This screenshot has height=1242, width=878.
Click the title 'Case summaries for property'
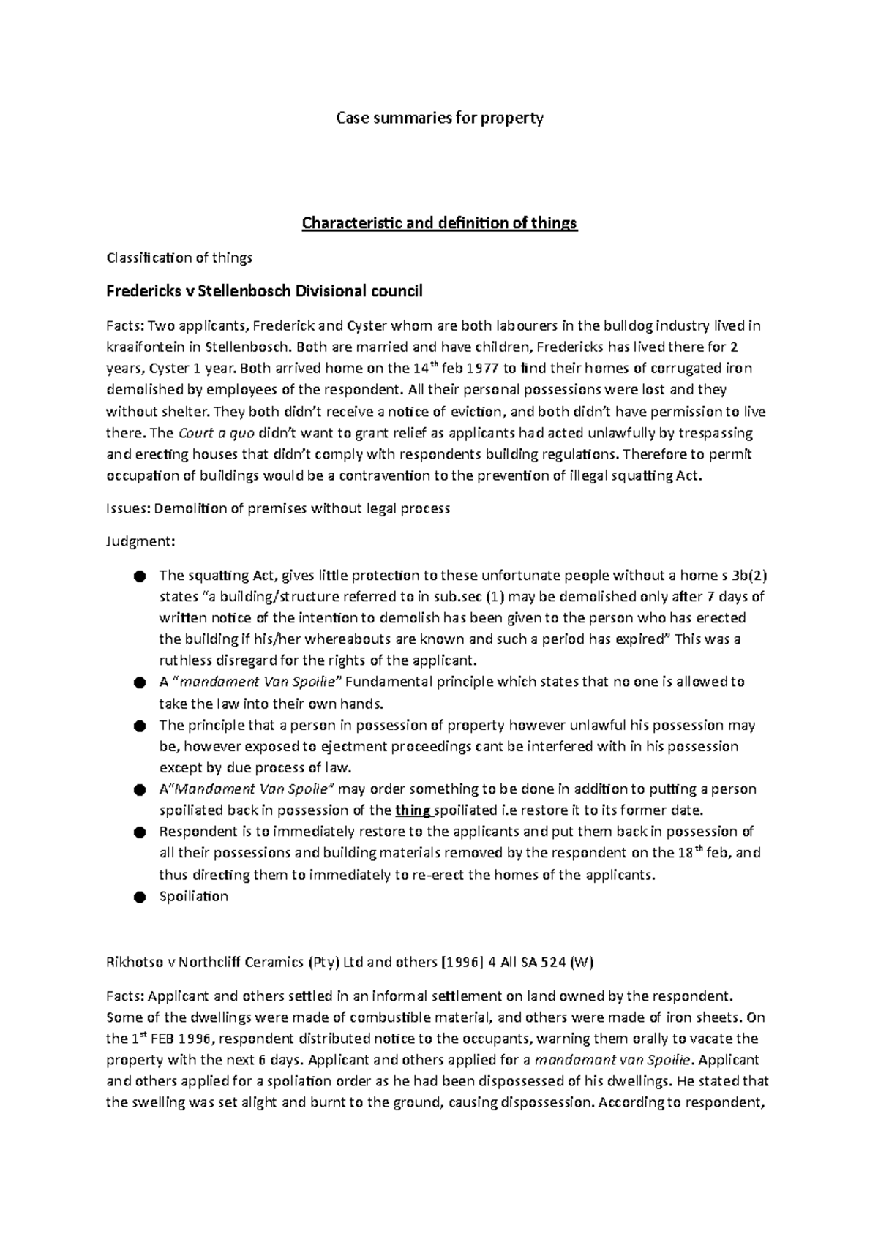pyautogui.click(x=439, y=118)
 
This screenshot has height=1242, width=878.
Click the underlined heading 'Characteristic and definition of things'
pyautogui.click(x=440, y=223)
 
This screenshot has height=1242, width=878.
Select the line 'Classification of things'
pyautogui.click(x=179, y=257)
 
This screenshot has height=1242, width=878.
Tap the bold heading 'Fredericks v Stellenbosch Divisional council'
pyautogui.click(x=264, y=292)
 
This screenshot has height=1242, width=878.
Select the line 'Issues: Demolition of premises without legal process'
pyautogui.click(x=278, y=508)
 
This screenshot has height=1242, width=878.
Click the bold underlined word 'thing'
pyautogui.click(x=413, y=810)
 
